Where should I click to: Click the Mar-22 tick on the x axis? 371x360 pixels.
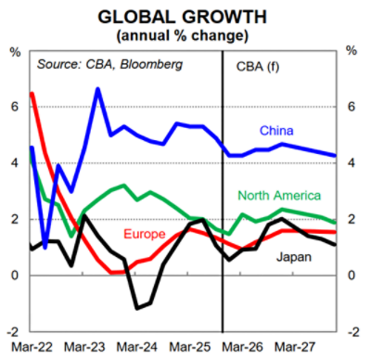click(x=31, y=347)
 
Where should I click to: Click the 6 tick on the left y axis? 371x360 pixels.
click(x=15, y=107)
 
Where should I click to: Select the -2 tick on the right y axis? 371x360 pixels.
click(x=353, y=332)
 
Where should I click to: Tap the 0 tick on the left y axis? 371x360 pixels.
click(x=15, y=276)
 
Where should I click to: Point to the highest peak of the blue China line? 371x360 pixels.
click(x=97, y=89)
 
